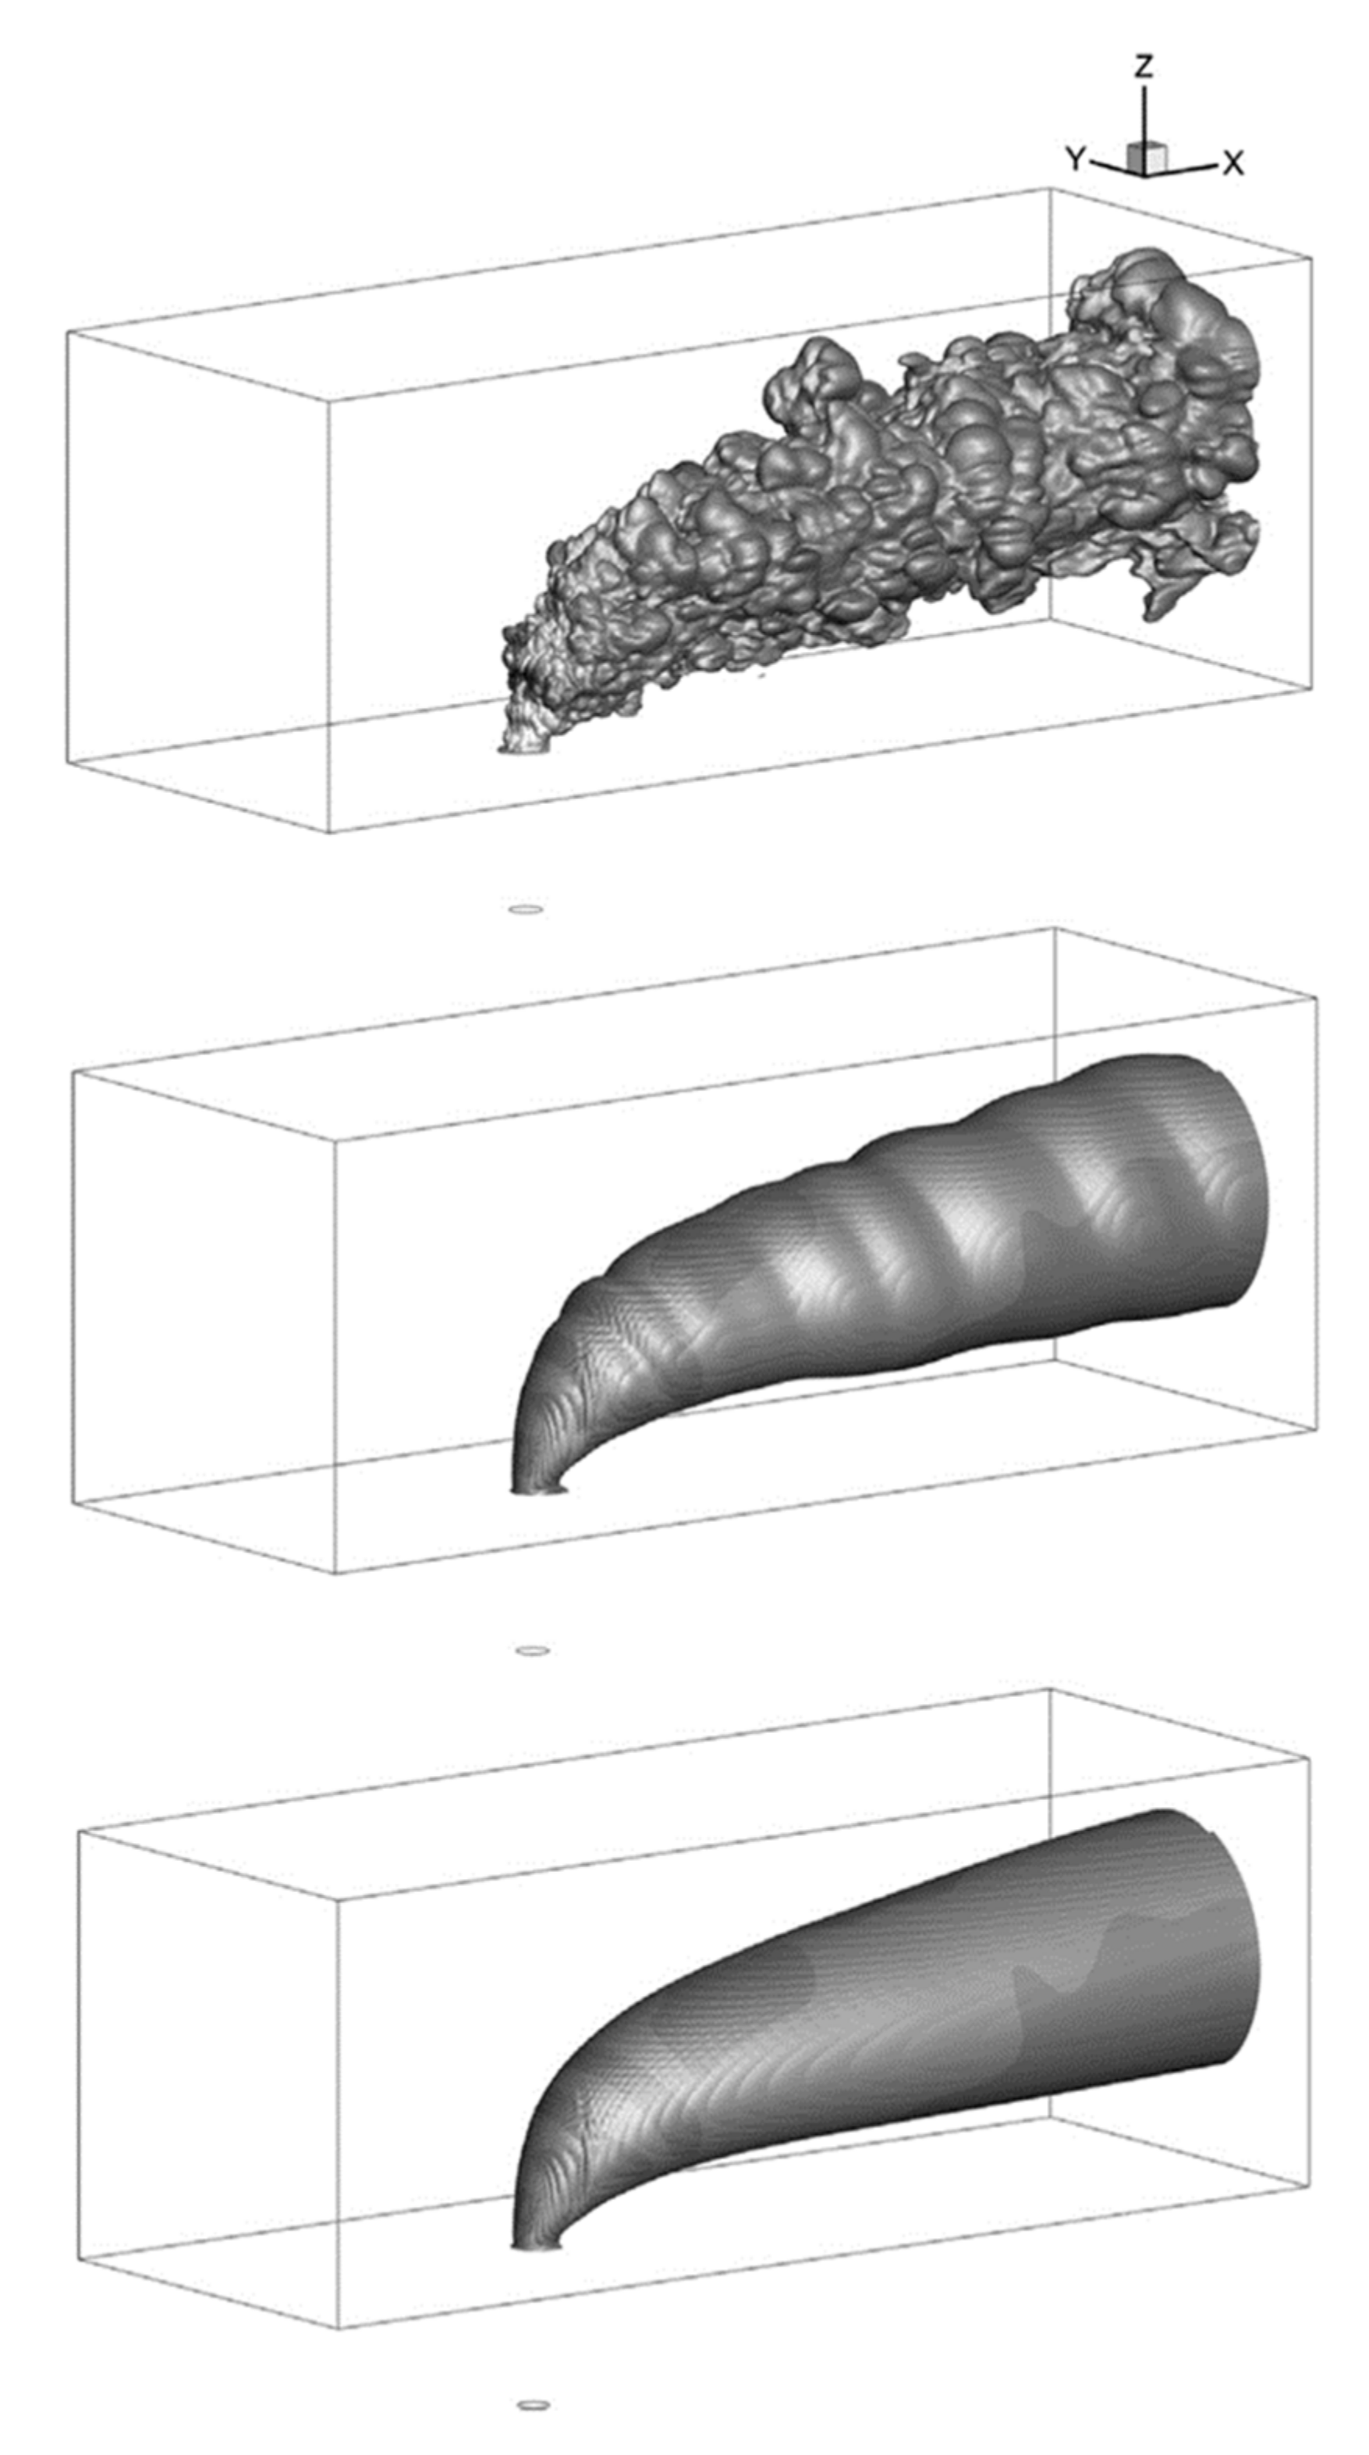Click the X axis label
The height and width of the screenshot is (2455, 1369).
[1232, 164]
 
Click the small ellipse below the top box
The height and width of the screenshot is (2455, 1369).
[526, 909]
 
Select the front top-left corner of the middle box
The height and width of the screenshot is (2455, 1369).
[73, 1071]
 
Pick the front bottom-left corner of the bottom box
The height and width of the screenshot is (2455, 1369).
[78, 2258]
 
